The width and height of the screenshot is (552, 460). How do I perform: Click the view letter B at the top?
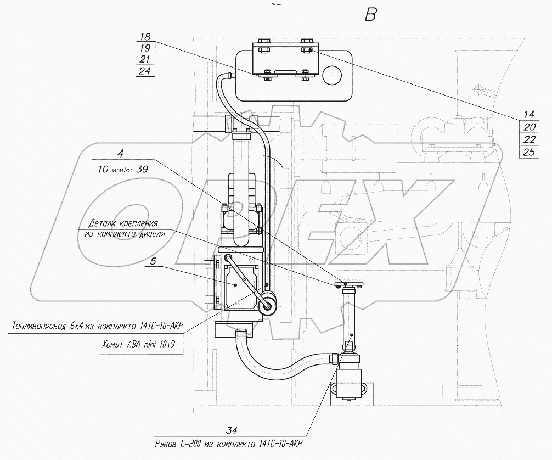371,14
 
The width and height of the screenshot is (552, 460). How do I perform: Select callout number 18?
145,36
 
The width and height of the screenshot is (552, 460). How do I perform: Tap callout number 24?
145,71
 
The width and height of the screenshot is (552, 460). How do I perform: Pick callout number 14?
529,114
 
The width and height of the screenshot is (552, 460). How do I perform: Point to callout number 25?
529,152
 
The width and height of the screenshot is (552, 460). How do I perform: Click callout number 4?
121,154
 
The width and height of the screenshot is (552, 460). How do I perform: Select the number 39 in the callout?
142,169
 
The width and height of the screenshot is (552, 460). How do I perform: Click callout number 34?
232,430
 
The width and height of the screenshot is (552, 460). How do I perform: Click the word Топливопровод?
38,326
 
